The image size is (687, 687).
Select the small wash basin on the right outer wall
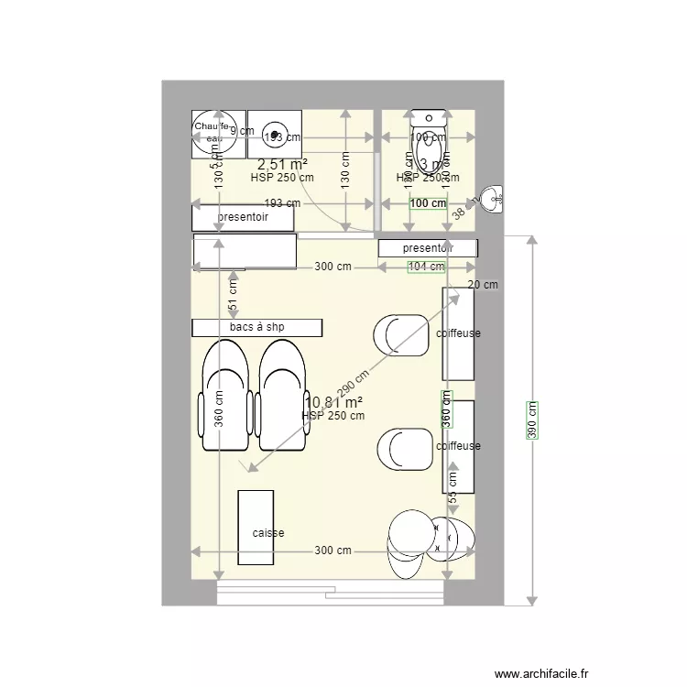pyautogui.click(x=493, y=198)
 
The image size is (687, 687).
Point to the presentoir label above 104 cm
pyautogui.click(x=428, y=247)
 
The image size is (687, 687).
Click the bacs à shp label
pyautogui.click(x=256, y=327)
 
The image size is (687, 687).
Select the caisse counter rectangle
pyautogui.click(x=256, y=528)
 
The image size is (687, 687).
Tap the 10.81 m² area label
pyautogui.click(x=333, y=402)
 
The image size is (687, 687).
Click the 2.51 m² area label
pyautogui.click(x=281, y=164)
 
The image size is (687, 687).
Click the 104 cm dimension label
pyautogui.click(x=426, y=267)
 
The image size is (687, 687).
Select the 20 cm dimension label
pyautogui.click(x=483, y=285)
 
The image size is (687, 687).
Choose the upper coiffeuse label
pyautogui.click(x=458, y=333)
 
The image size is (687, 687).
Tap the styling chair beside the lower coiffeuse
pyautogui.click(x=404, y=450)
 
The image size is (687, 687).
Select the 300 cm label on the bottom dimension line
pyautogui.click(x=333, y=551)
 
